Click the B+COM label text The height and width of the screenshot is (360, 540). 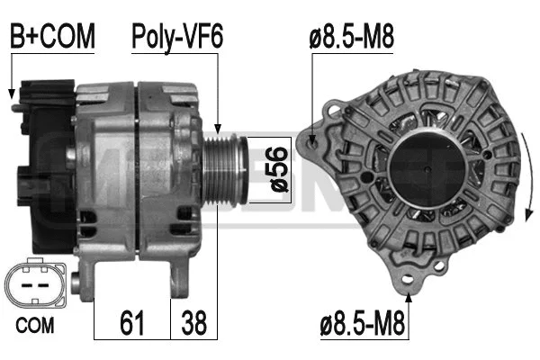pos(52,36)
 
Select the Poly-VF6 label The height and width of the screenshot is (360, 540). pos(177,36)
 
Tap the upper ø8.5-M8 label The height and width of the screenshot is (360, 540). pos(352,36)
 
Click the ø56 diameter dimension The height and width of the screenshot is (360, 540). pos(277,170)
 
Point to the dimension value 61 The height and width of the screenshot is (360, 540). pos(132,321)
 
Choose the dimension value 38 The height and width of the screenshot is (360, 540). pos(193,321)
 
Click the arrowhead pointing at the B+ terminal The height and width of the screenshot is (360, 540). pos(12,94)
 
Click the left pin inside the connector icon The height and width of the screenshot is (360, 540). pos(27,286)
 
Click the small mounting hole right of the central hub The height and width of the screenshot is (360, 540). pos(487,155)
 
